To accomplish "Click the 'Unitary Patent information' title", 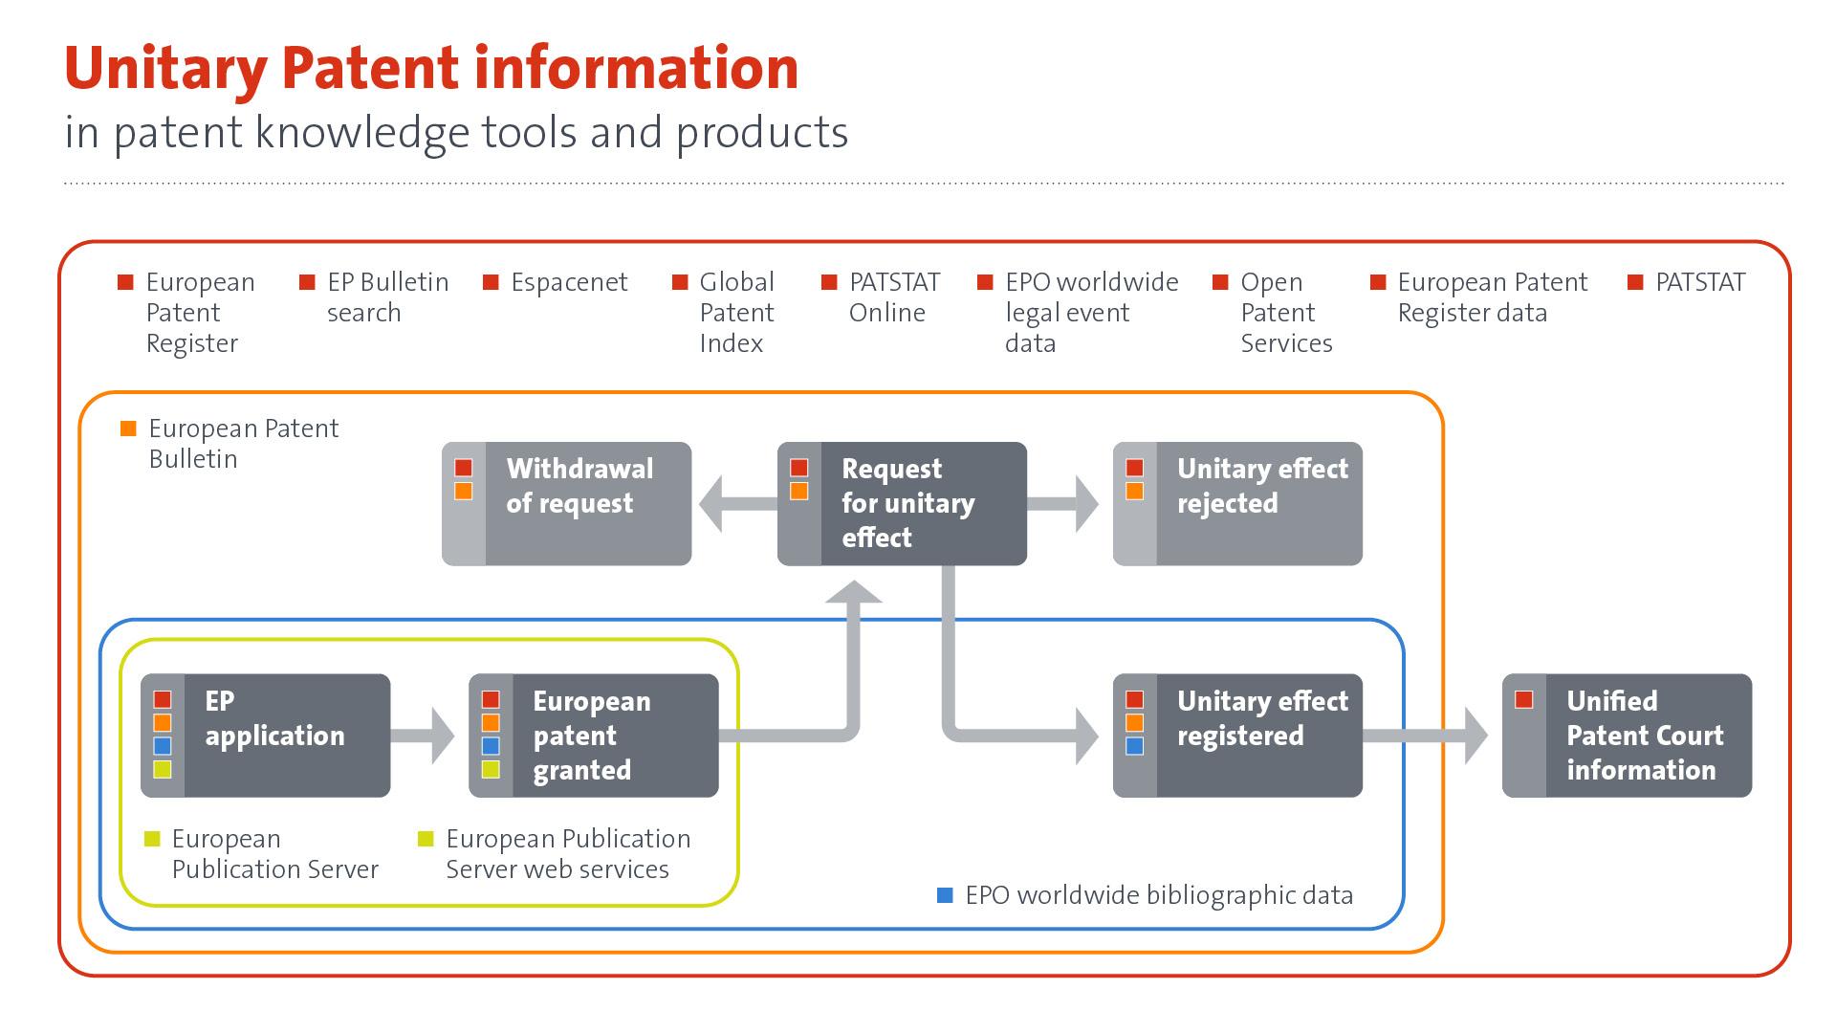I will point(430,69).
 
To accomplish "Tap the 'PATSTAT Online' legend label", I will point(893,297).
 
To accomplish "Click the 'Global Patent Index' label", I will point(735,313).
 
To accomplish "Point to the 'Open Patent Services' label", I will point(1285,313).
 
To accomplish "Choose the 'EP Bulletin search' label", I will point(386,297).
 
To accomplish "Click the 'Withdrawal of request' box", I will point(566,503).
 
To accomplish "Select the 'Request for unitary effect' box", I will point(902,503).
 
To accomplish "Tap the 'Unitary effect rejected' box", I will point(1237,503).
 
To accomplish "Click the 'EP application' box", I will point(265,736).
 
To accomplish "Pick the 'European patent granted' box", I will point(593,736).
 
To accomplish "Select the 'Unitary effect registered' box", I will point(1237,736).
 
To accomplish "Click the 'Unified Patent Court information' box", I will point(1627,736).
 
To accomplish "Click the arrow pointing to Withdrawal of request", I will point(732,503).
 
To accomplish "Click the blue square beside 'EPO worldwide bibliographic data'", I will point(945,895).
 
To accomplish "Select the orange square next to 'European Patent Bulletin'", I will point(128,429).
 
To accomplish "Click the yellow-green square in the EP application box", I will point(163,769).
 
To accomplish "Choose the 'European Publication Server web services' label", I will point(567,854).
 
